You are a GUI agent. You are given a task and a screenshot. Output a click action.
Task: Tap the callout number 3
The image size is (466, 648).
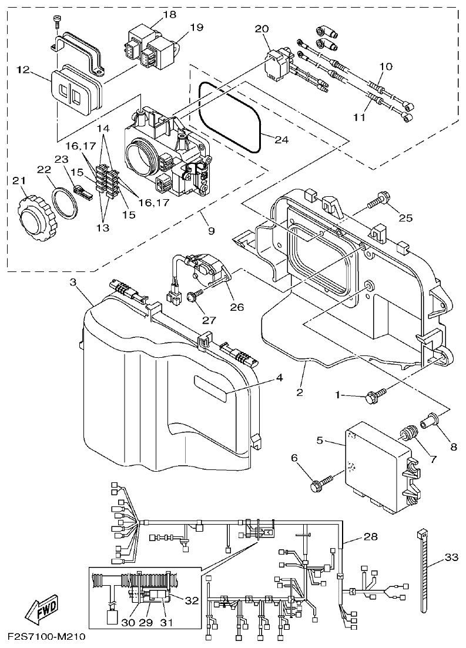click(x=73, y=283)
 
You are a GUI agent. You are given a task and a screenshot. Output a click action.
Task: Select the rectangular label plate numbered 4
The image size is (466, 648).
click(x=210, y=389)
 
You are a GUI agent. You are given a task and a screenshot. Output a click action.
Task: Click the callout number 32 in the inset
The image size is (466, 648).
click(x=191, y=600)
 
